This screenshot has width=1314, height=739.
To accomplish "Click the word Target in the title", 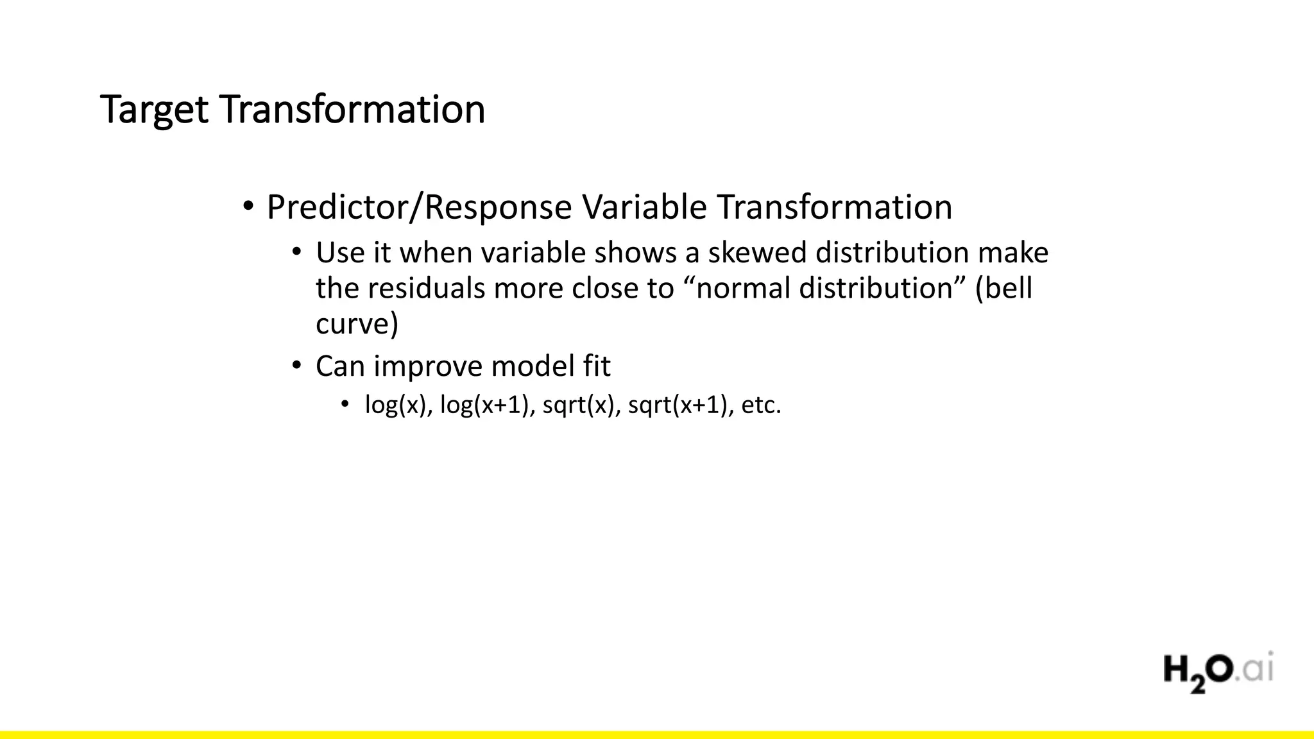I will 155,110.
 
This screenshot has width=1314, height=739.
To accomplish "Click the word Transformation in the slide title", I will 352,110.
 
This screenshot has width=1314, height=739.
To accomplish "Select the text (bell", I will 1003,289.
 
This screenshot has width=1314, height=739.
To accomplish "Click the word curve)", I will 357,324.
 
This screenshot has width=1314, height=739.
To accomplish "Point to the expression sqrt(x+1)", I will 680,405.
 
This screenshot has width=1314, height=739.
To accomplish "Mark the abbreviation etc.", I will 761,405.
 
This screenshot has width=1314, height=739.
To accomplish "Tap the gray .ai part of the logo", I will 1257,670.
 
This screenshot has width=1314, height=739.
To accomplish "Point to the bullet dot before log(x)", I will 345,405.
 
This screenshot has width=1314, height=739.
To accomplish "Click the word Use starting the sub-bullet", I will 339,253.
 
